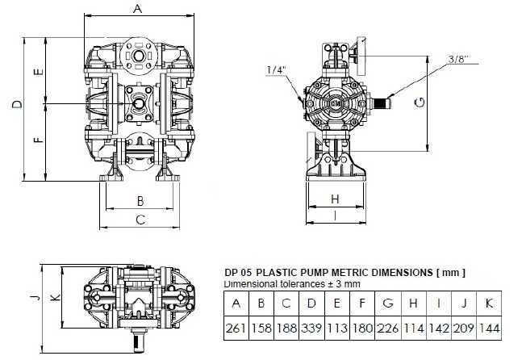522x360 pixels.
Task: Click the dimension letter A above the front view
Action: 138,9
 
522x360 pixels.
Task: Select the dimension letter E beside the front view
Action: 39,72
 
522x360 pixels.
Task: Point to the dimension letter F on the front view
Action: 39,141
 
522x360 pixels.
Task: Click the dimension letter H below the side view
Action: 335,199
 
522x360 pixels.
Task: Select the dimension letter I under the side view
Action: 335,216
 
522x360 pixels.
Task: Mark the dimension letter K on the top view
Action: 54,297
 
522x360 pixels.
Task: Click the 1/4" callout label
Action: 275,70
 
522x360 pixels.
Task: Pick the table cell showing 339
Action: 311,329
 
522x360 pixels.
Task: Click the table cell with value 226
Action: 388,329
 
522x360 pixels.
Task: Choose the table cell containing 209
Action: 465,329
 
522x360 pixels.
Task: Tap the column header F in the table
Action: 362,304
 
